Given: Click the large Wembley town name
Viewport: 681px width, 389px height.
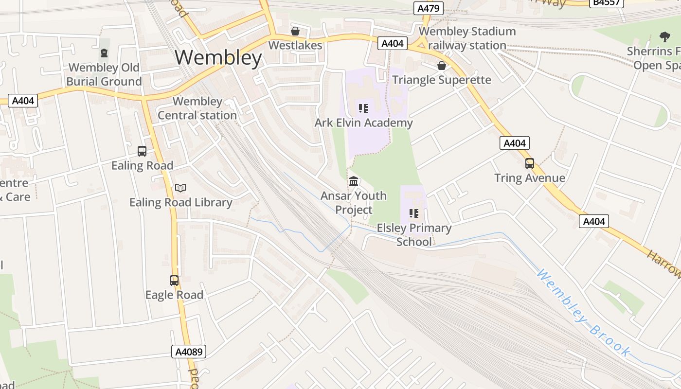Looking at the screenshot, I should pos(218,58).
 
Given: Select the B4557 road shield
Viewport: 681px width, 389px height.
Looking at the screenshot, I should pos(607,2).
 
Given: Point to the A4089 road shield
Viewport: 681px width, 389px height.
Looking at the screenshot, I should pos(189,352).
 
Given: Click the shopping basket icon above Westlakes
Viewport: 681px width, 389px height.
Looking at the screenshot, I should pos(295,32).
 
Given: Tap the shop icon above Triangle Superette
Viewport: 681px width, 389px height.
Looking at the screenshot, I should pos(442,66).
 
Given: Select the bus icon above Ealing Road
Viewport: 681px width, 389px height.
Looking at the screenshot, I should pos(142,151).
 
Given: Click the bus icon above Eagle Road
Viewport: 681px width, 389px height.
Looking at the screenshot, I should pos(174,281).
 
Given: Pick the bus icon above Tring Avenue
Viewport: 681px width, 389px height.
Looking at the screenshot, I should pos(530,163).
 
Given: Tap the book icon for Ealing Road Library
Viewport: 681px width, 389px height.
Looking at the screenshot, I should pos(180,188).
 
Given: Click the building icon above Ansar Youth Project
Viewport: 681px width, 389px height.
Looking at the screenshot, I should pos(354,181).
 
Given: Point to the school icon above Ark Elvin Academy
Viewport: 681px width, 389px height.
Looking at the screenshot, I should pos(363,108).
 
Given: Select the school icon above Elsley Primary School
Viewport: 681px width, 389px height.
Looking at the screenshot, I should pos(414,213).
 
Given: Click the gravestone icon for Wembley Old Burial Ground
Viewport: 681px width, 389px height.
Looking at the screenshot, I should pos(104,53).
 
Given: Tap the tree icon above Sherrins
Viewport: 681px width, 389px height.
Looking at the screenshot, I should pos(664,36).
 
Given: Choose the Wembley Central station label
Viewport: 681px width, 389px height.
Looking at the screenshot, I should pos(197,108).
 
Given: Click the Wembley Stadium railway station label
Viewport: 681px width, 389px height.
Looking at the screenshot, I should pos(467,38).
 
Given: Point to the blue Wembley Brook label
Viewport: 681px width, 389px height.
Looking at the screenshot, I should pos(583,314).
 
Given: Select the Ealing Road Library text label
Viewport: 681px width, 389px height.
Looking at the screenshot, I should pos(180,202).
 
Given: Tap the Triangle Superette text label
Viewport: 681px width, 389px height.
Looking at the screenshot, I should pos(442,80).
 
